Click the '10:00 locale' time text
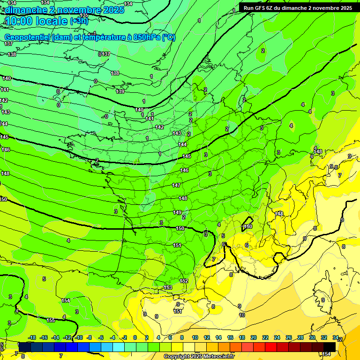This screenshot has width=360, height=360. click(x=36, y=21)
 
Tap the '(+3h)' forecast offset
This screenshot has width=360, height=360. click(x=79, y=21)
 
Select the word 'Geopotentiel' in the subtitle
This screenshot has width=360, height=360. click(x=27, y=37)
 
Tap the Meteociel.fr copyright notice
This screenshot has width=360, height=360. click(x=200, y=356)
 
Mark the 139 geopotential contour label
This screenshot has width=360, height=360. click(x=120, y=91)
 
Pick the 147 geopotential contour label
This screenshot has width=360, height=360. click(x=176, y=185)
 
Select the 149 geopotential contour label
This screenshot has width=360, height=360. click(x=177, y=212)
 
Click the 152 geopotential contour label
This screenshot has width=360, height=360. click(x=184, y=281)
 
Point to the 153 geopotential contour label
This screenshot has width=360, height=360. click(x=168, y=287)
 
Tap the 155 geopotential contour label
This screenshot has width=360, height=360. click(x=51, y=320)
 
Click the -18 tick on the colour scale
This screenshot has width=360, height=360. click(x=32, y=337)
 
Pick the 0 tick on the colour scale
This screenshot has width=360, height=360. click(x=135, y=337)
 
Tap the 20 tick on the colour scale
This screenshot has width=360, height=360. click(x=253, y=337)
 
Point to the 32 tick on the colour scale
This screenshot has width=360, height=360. click(x=324, y=337)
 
